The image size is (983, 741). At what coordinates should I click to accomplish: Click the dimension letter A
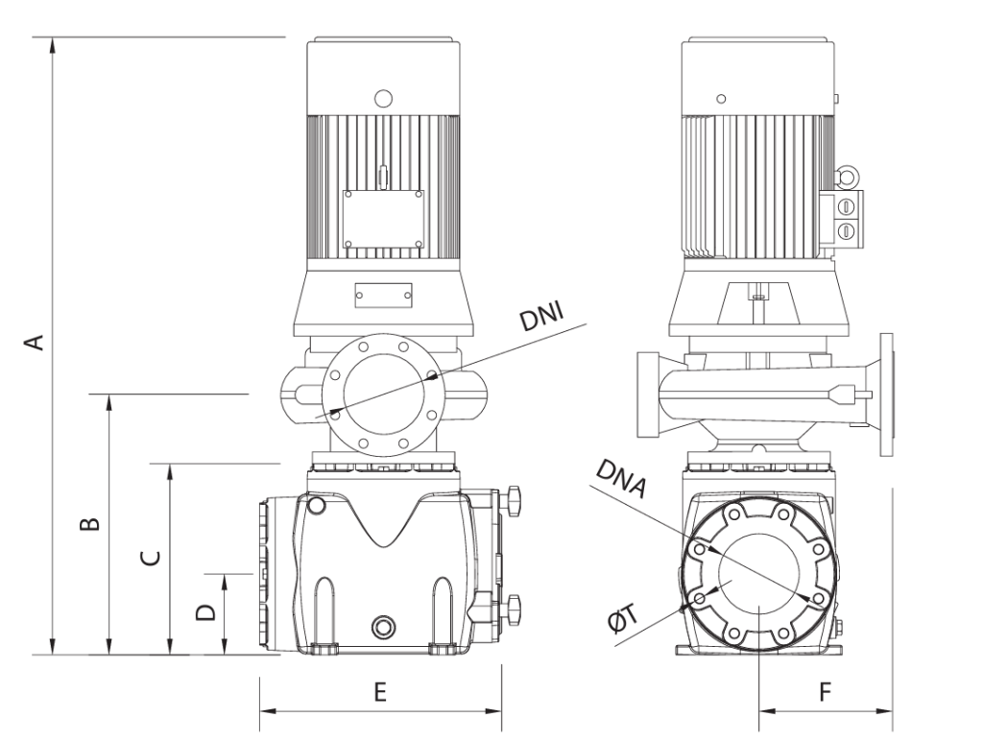click(35, 343)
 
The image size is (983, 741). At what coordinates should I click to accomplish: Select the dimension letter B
click(87, 523)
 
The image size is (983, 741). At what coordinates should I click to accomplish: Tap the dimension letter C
click(148, 559)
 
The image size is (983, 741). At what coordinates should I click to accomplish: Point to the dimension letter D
click(204, 611)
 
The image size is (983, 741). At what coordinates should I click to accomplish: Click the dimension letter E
click(380, 694)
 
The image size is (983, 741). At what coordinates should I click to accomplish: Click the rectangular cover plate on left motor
click(383, 217)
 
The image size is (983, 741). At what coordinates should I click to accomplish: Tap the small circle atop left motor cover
click(383, 97)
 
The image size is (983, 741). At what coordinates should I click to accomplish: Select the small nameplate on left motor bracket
click(383, 293)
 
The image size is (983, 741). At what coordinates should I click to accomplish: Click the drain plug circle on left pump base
click(384, 627)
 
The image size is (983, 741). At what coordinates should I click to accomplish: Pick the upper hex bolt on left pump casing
click(514, 499)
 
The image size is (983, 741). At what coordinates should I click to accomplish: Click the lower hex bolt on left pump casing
click(515, 607)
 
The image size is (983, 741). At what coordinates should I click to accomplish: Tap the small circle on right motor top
click(721, 97)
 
